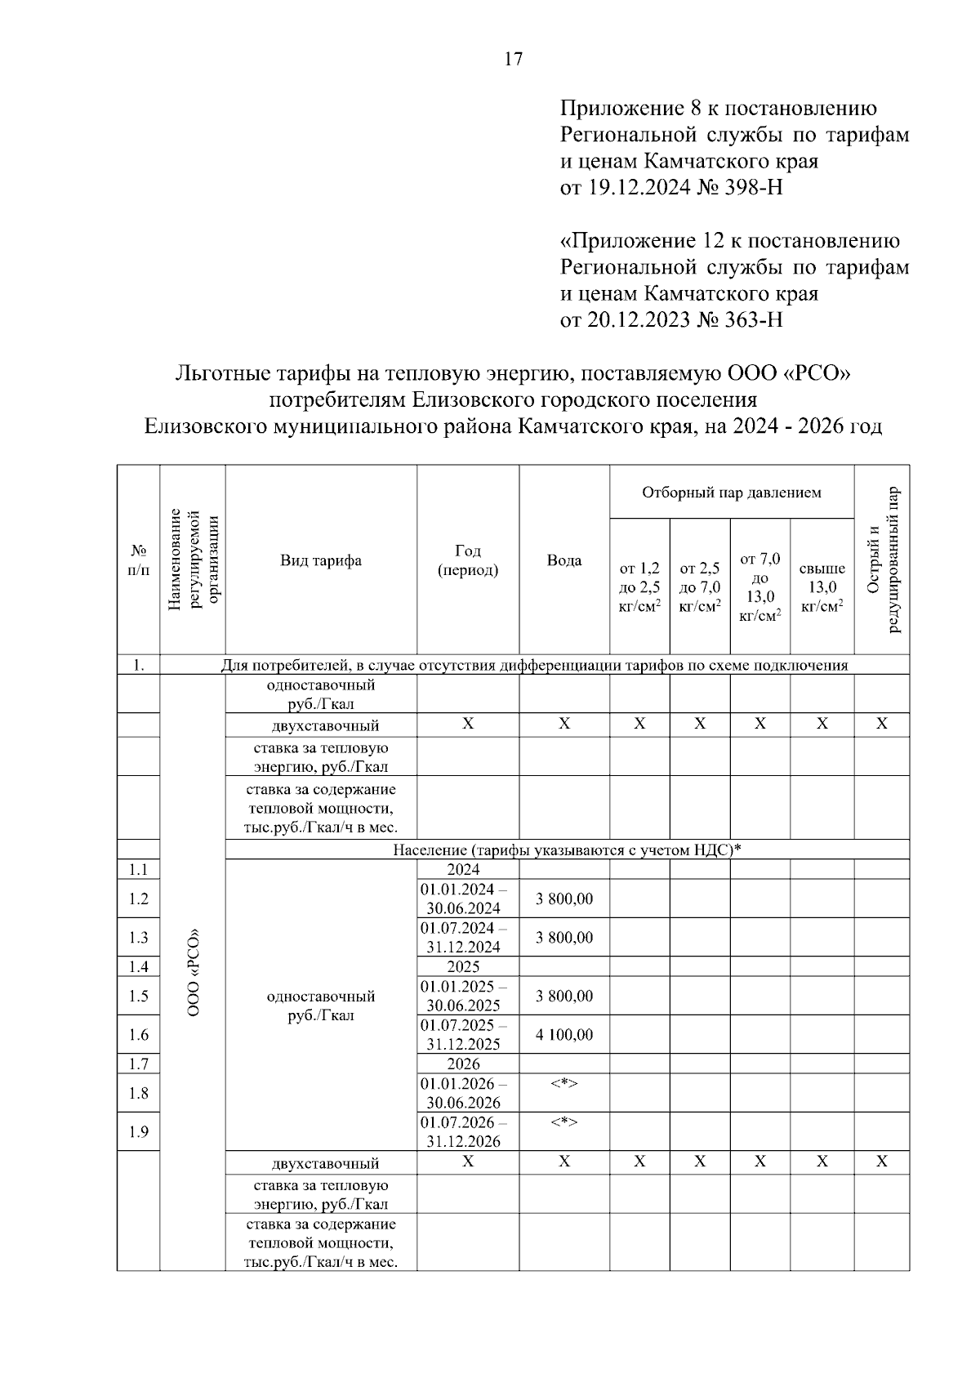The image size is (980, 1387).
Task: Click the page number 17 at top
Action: coord(513,59)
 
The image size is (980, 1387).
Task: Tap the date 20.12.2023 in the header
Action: coord(625,319)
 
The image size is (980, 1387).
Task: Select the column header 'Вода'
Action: coord(564,560)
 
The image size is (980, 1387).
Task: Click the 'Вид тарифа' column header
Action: coord(321,560)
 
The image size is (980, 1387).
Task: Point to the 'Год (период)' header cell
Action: coord(468,560)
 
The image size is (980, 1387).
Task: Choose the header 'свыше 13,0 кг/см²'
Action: coord(822,587)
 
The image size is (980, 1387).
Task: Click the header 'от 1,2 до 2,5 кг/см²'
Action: coord(639,587)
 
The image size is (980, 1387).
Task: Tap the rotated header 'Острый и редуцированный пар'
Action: coord(882,560)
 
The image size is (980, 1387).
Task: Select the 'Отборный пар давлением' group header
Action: coord(731,493)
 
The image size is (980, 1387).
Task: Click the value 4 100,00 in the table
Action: coord(564,1035)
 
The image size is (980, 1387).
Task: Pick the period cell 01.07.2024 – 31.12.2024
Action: coord(463,938)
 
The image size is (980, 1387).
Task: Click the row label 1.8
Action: coord(138,1093)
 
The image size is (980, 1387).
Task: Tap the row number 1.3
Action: coord(138,938)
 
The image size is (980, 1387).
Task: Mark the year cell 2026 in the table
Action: coord(463,1064)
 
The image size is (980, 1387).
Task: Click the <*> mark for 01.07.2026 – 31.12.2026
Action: coord(564,1123)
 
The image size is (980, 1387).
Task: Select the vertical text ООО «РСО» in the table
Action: coord(194,972)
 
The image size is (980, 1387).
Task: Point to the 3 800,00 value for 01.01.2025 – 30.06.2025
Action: coord(564,997)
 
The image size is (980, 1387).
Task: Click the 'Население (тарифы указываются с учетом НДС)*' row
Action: coord(567,850)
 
